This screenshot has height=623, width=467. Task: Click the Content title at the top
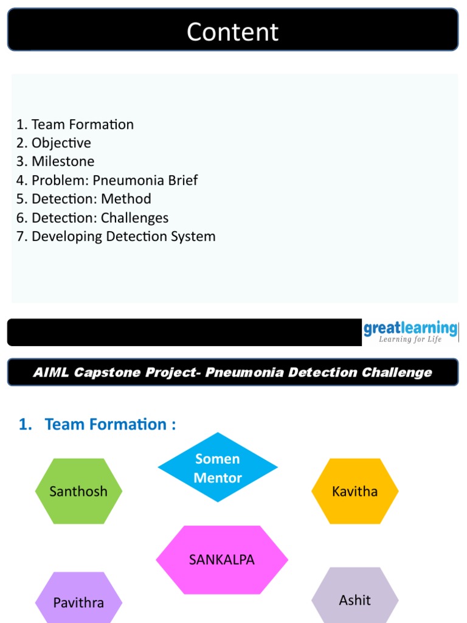tap(232, 32)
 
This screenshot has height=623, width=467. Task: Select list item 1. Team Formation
tap(75, 125)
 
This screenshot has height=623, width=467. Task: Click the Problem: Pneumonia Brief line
tap(106, 181)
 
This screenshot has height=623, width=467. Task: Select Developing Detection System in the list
tap(116, 237)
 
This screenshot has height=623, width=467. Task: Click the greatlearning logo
tap(410, 329)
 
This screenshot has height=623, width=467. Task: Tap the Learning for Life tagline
tap(410, 339)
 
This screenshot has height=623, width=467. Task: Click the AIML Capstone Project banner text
tap(232, 372)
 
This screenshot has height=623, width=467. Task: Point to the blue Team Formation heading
tap(97, 425)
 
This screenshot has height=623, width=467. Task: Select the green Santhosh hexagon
tap(78, 492)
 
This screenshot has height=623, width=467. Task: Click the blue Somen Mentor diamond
tap(218, 467)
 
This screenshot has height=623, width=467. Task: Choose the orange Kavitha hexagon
tap(355, 492)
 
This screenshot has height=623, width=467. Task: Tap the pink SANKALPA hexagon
tap(222, 560)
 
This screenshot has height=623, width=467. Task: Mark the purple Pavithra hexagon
tap(78, 602)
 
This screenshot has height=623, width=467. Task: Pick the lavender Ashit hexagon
tap(355, 600)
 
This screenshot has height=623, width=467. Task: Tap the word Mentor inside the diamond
tap(218, 478)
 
